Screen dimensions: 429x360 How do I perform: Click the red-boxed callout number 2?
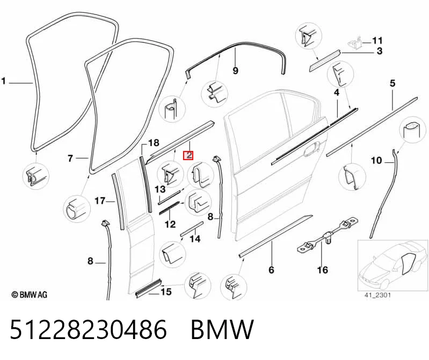[x=188, y=155]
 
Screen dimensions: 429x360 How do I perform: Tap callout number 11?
[x=377, y=41]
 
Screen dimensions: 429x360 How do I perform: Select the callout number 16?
[x=322, y=270]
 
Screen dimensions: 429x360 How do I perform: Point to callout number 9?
[x=235, y=70]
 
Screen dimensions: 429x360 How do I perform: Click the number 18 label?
[x=154, y=142]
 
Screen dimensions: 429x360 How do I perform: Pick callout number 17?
[x=100, y=201]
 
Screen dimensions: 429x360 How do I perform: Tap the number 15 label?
[x=166, y=292]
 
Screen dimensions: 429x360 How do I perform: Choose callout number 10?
[x=376, y=160]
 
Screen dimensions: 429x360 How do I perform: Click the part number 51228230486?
[x=88, y=329]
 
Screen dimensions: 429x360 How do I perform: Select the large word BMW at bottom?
[x=222, y=329]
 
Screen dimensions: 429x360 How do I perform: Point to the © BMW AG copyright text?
[x=30, y=294]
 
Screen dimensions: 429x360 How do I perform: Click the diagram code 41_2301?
[x=377, y=295]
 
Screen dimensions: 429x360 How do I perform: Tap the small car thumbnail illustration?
[x=392, y=265]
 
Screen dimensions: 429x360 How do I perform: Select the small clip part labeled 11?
[x=355, y=44]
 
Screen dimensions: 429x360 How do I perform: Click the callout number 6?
[x=271, y=270]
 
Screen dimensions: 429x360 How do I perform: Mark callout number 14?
[x=195, y=239]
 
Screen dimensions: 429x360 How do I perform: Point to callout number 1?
[x=4, y=81]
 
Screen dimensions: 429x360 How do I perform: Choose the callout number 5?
[x=392, y=83]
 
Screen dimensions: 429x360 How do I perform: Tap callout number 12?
[x=170, y=224]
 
